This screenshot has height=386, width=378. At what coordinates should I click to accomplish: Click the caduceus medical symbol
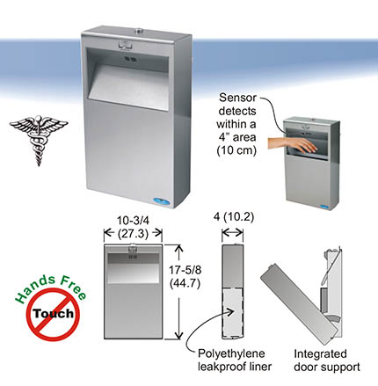click(39, 140)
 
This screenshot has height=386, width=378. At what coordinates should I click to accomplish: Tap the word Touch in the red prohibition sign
click(54, 313)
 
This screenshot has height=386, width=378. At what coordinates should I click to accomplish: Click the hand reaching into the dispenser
click(293, 145)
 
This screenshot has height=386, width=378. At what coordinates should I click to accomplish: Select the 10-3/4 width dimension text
click(133, 221)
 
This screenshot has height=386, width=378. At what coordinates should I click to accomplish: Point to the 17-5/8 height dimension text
click(185, 270)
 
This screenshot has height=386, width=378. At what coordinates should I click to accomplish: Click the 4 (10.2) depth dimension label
click(234, 217)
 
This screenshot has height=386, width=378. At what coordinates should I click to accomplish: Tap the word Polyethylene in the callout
click(231, 353)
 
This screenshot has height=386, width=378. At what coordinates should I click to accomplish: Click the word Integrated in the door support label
click(320, 354)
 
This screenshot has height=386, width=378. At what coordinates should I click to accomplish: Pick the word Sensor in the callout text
click(237, 98)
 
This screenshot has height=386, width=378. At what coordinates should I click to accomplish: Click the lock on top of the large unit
click(137, 31)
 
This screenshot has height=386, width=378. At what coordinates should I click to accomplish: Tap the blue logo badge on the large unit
click(164, 201)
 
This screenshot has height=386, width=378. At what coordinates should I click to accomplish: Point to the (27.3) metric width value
click(133, 234)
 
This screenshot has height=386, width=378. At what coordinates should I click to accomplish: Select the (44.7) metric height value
click(185, 283)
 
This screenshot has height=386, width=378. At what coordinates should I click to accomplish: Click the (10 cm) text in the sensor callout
click(236, 150)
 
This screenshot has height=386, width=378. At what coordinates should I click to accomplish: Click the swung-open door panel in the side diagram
click(298, 304)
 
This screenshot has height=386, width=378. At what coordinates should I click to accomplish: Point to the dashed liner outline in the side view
click(233, 312)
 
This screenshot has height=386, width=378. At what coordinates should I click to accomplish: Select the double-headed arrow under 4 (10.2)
click(233, 234)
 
